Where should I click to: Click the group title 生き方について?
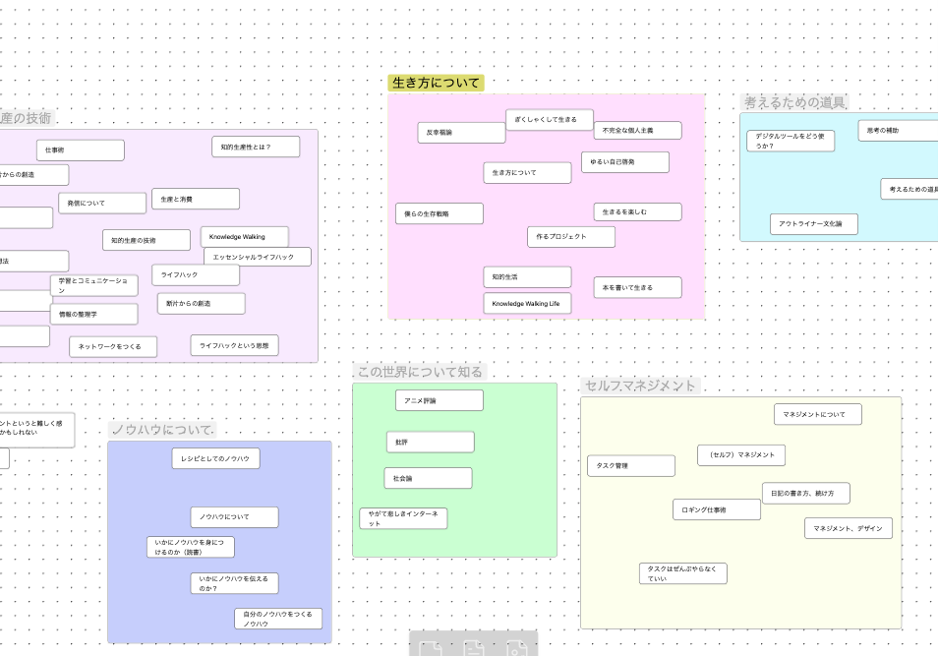pyautogui.click(x=436, y=83)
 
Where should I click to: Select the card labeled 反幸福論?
pyautogui.click(x=461, y=133)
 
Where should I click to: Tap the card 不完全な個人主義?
pyautogui.click(x=637, y=130)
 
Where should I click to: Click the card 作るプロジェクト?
pyautogui.click(x=571, y=237)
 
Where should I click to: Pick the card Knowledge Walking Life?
pyautogui.click(x=527, y=303)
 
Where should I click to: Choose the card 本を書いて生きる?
pyautogui.click(x=637, y=287)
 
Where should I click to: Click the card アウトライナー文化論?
pyautogui.click(x=813, y=224)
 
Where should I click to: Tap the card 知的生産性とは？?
pyautogui.click(x=255, y=147)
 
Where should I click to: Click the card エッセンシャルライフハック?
pyautogui.click(x=257, y=257)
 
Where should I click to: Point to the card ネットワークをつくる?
pyautogui.click(x=113, y=346)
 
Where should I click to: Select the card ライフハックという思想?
pyautogui.click(x=234, y=345)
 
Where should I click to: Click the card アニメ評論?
pyautogui.click(x=439, y=400)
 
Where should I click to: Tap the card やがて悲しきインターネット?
pyautogui.click(x=403, y=518)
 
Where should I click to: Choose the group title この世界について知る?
pyautogui.click(x=420, y=372)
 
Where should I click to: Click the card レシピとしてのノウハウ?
pyautogui.click(x=215, y=458)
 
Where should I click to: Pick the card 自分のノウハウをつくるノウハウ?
pyautogui.click(x=277, y=619)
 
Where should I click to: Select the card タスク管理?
pyautogui.click(x=631, y=466)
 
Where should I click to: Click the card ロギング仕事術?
pyautogui.click(x=717, y=509)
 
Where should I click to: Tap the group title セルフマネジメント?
pyautogui.click(x=640, y=386)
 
